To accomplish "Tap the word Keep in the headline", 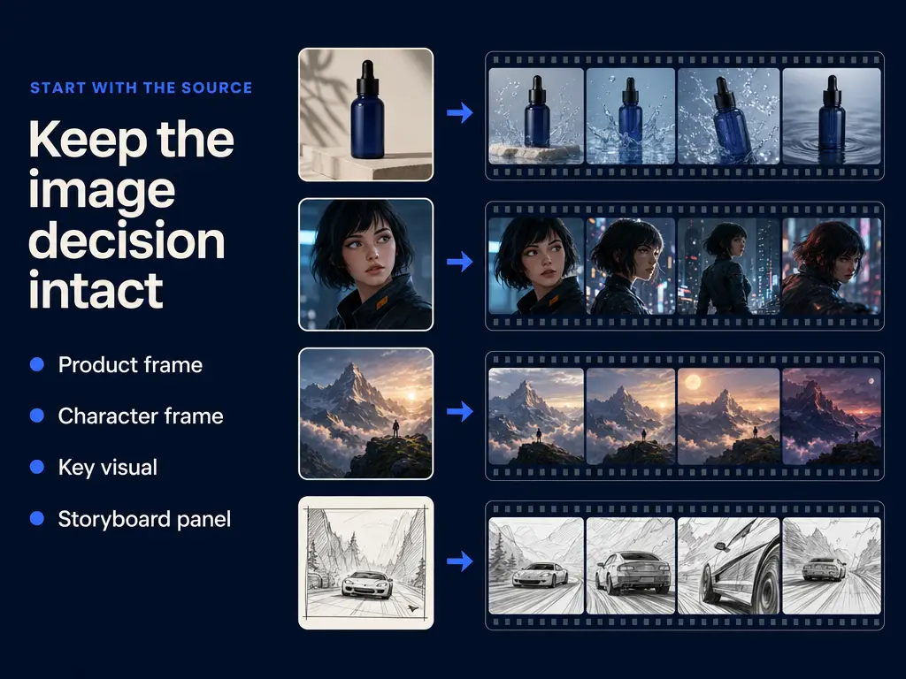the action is (88, 140).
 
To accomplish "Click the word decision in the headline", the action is (127, 240).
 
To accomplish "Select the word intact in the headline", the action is (96, 289).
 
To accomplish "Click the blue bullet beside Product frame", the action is (37, 364).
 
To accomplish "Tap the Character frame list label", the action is (141, 416).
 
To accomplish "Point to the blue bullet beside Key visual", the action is (37, 467).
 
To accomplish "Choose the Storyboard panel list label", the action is (144, 518).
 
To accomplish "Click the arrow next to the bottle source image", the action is (460, 112).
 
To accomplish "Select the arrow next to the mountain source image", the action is (460, 411).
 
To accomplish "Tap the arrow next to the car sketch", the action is (460, 561).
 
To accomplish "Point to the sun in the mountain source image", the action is (411, 396).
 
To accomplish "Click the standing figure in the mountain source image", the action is (395, 429).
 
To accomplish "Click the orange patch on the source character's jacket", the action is (381, 302).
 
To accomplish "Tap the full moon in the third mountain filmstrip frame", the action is (694, 382).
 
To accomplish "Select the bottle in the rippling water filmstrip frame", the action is (833, 118).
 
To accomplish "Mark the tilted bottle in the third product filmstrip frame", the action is (730, 118).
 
